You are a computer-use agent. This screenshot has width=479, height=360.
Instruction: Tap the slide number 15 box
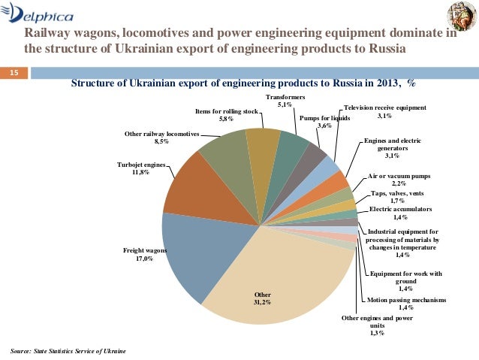(13, 73)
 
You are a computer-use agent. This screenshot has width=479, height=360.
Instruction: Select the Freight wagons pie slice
(191, 252)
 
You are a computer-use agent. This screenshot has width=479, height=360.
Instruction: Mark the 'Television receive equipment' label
(384, 111)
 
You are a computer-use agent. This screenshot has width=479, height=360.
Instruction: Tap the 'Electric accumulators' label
(401, 213)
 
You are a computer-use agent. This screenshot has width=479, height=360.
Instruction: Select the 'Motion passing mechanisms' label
(406, 303)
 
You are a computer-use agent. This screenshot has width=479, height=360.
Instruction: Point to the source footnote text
(68, 351)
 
